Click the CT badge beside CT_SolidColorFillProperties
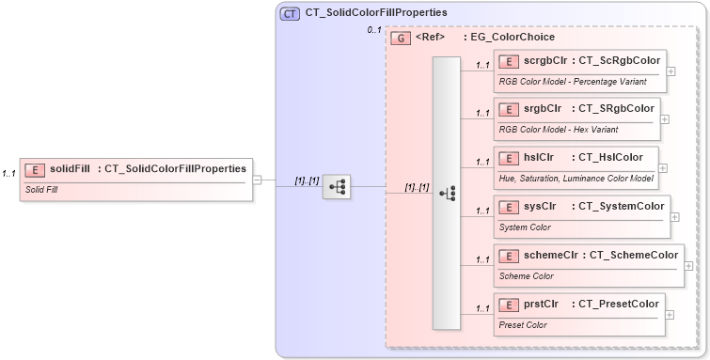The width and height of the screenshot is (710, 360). [x=290, y=14]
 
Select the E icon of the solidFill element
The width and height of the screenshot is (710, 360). [x=35, y=169]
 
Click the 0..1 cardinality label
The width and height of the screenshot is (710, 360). [x=373, y=31]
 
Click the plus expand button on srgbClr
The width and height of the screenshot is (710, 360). [x=665, y=119]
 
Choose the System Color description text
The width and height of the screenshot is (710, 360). [x=526, y=226]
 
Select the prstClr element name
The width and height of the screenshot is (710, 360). [x=541, y=304]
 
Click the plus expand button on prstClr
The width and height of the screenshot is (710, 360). [x=670, y=315]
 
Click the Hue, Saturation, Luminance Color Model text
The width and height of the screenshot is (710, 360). [x=576, y=177]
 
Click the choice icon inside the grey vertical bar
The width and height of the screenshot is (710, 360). [x=447, y=193]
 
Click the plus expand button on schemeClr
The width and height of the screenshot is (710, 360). [x=689, y=266]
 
